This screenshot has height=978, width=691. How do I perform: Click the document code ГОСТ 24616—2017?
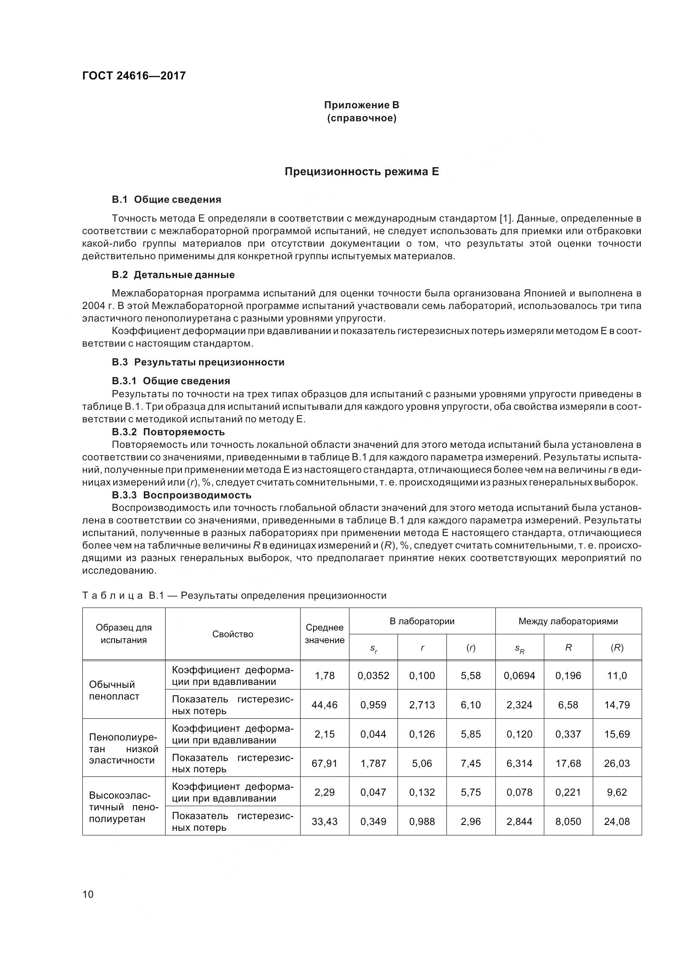click(x=134, y=76)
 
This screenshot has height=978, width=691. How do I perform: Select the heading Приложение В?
click(x=362, y=105)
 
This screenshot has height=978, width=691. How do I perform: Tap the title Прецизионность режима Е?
click(x=362, y=172)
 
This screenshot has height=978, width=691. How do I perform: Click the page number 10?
click(x=88, y=894)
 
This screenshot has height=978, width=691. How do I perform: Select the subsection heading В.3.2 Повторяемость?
click(x=168, y=432)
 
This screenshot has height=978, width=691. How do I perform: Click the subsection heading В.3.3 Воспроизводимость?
click(x=182, y=495)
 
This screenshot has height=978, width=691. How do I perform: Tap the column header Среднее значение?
click(x=324, y=634)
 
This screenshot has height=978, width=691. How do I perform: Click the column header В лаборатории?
click(x=422, y=621)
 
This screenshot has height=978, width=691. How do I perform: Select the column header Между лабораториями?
click(x=568, y=621)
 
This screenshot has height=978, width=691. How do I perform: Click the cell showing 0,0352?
click(x=373, y=676)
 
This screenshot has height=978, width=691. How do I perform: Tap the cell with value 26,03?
click(x=617, y=764)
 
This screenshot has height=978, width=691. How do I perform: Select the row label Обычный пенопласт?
click(x=114, y=690)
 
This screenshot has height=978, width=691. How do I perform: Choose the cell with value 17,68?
click(x=568, y=764)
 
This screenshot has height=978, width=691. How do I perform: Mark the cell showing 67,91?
click(x=324, y=764)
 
